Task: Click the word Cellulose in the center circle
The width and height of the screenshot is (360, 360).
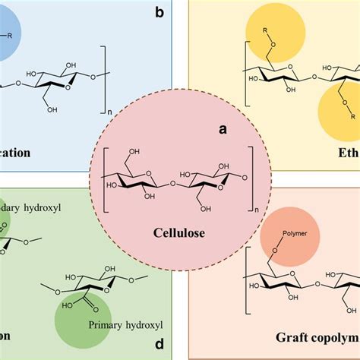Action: click(x=179, y=232)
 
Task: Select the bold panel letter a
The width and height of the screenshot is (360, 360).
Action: click(x=223, y=129)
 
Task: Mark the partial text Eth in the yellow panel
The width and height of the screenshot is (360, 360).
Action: click(x=347, y=152)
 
